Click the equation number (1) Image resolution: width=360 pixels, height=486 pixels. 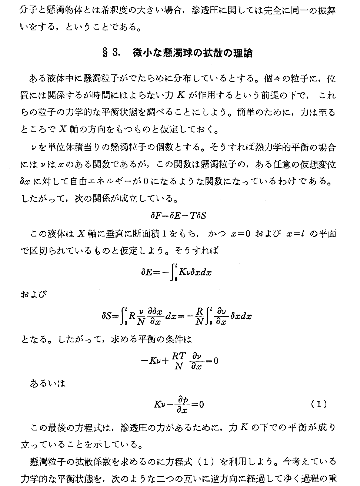[x=319, y=404]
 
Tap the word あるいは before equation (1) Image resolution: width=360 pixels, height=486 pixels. [x=48, y=383]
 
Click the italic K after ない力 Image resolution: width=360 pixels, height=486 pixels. [x=181, y=96]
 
